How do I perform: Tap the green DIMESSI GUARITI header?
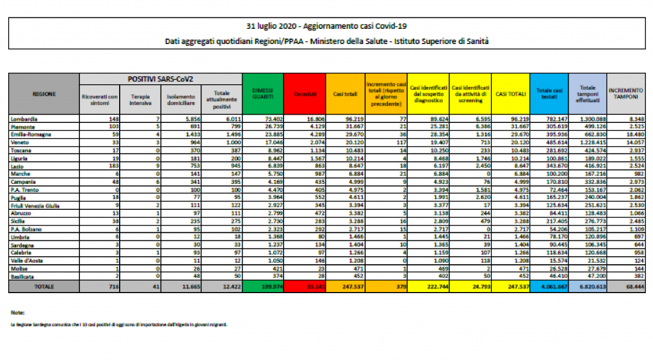tap(263, 94)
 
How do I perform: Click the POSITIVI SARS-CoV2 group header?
tap(161, 79)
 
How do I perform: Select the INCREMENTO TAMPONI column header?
tap(625, 94)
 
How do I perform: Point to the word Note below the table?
tap(18, 313)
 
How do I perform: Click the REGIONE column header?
tap(44, 94)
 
